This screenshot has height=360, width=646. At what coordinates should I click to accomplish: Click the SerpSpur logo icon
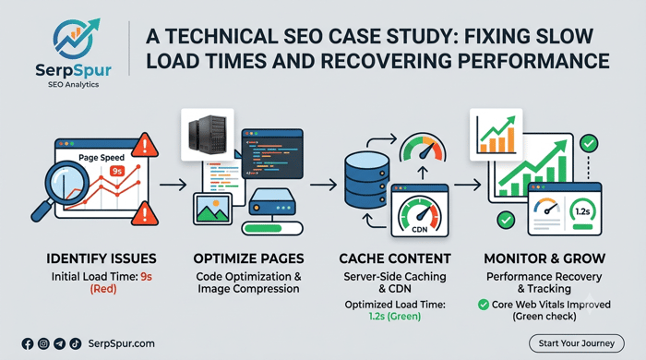click(x=76, y=39)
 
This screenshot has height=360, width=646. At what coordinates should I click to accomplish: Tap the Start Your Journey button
click(x=577, y=343)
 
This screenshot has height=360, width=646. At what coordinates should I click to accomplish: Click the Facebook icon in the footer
click(x=28, y=343)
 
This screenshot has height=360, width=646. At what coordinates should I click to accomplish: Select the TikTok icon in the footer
click(x=76, y=343)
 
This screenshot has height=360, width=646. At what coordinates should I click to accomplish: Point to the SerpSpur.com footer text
click(x=122, y=343)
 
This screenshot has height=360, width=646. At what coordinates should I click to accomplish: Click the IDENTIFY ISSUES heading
click(x=102, y=258)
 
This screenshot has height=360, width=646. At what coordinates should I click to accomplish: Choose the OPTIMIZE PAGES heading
click(x=248, y=258)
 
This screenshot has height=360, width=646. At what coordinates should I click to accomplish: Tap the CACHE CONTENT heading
click(x=395, y=258)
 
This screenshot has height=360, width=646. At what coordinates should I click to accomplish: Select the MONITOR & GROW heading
click(x=544, y=258)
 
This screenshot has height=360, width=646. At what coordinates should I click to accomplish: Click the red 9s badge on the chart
click(x=117, y=171)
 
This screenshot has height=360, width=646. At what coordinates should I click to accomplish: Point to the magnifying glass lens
click(x=66, y=181)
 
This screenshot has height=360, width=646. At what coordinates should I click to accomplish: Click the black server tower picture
click(x=208, y=134)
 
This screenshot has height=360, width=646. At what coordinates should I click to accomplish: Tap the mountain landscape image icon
click(x=212, y=209)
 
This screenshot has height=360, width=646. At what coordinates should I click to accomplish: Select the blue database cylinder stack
click(x=366, y=180)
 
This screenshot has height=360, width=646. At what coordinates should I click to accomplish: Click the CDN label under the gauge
click(x=419, y=230)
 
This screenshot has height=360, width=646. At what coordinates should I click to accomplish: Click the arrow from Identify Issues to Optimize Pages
click(x=173, y=185)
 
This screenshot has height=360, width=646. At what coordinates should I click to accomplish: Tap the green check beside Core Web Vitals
click(x=484, y=305)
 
